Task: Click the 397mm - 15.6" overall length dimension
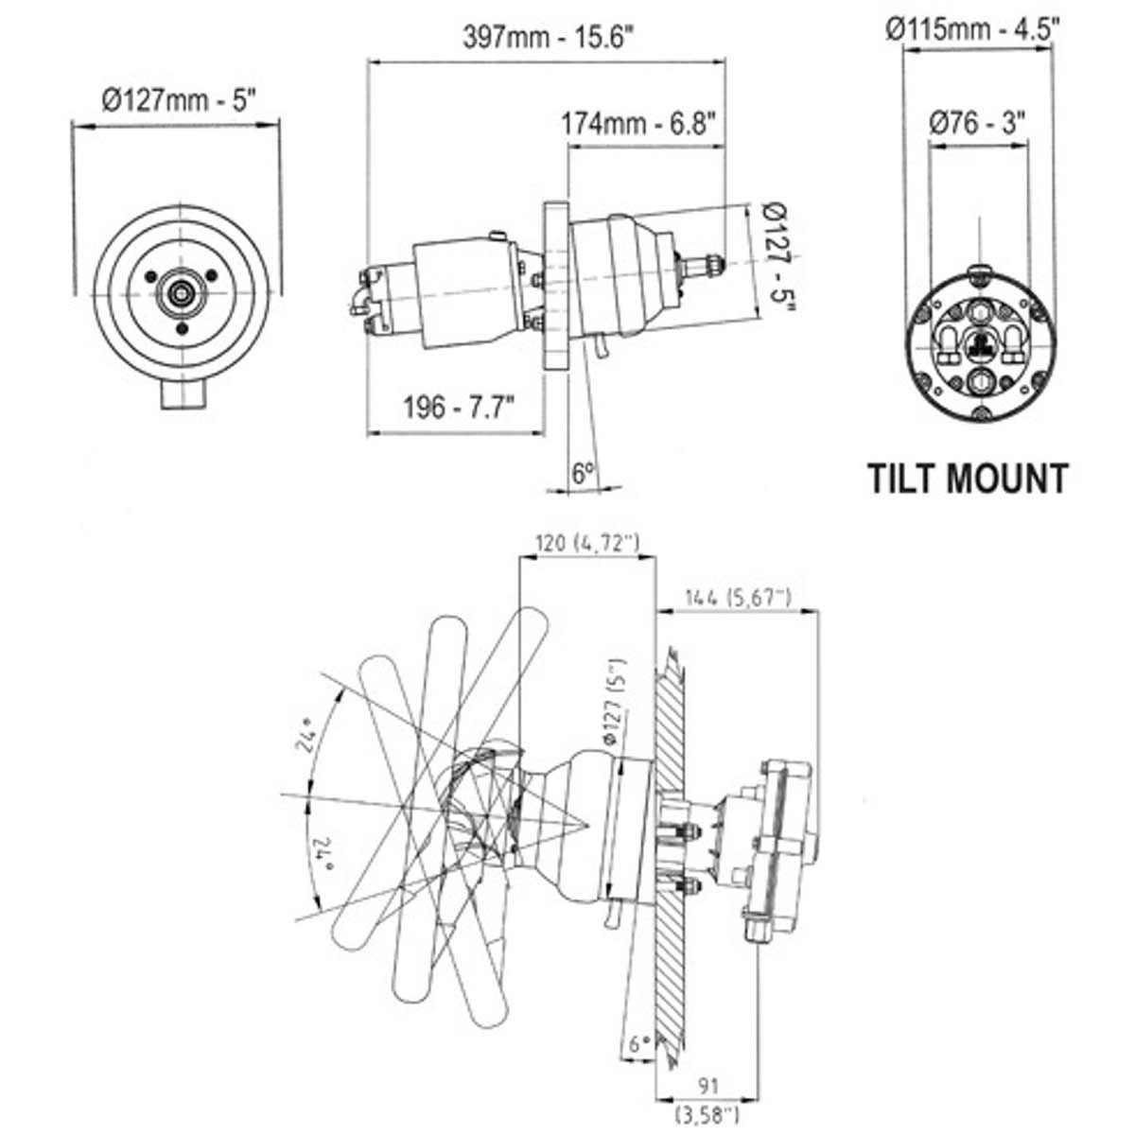coord(548,38)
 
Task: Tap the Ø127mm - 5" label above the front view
coord(180,100)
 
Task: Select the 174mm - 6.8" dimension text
coord(637,124)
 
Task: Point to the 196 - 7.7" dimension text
coord(459,407)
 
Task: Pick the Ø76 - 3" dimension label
coord(978,123)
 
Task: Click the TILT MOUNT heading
coord(969,479)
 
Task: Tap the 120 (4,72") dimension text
coord(587,543)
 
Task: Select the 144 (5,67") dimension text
coord(738,598)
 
